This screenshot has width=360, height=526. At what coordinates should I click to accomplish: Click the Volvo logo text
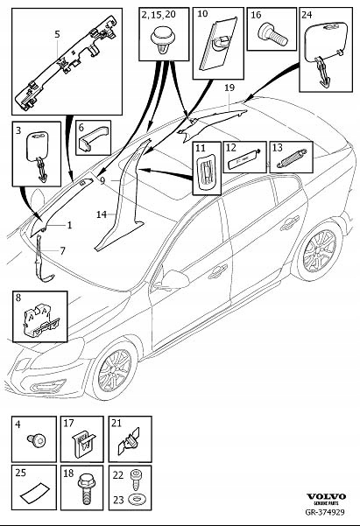tap(326, 497)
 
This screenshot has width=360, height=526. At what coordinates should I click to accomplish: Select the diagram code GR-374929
tap(325, 512)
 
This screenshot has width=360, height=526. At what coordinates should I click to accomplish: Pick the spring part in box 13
tap(292, 158)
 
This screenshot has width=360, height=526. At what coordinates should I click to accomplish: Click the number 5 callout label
tap(57, 34)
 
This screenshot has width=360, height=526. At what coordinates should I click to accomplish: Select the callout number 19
tap(229, 88)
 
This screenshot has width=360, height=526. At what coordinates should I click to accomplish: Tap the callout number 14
tap(102, 214)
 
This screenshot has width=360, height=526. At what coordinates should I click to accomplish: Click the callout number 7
tap(62, 250)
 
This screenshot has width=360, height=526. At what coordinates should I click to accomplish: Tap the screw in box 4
tap(37, 439)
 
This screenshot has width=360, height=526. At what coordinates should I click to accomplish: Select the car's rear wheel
tap(319, 250)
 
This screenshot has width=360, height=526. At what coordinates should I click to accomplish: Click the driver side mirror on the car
tap(172, 279)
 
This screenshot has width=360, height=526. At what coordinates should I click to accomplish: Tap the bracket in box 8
tap(41, 320)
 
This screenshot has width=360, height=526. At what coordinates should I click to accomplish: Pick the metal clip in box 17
tap(83, 444)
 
